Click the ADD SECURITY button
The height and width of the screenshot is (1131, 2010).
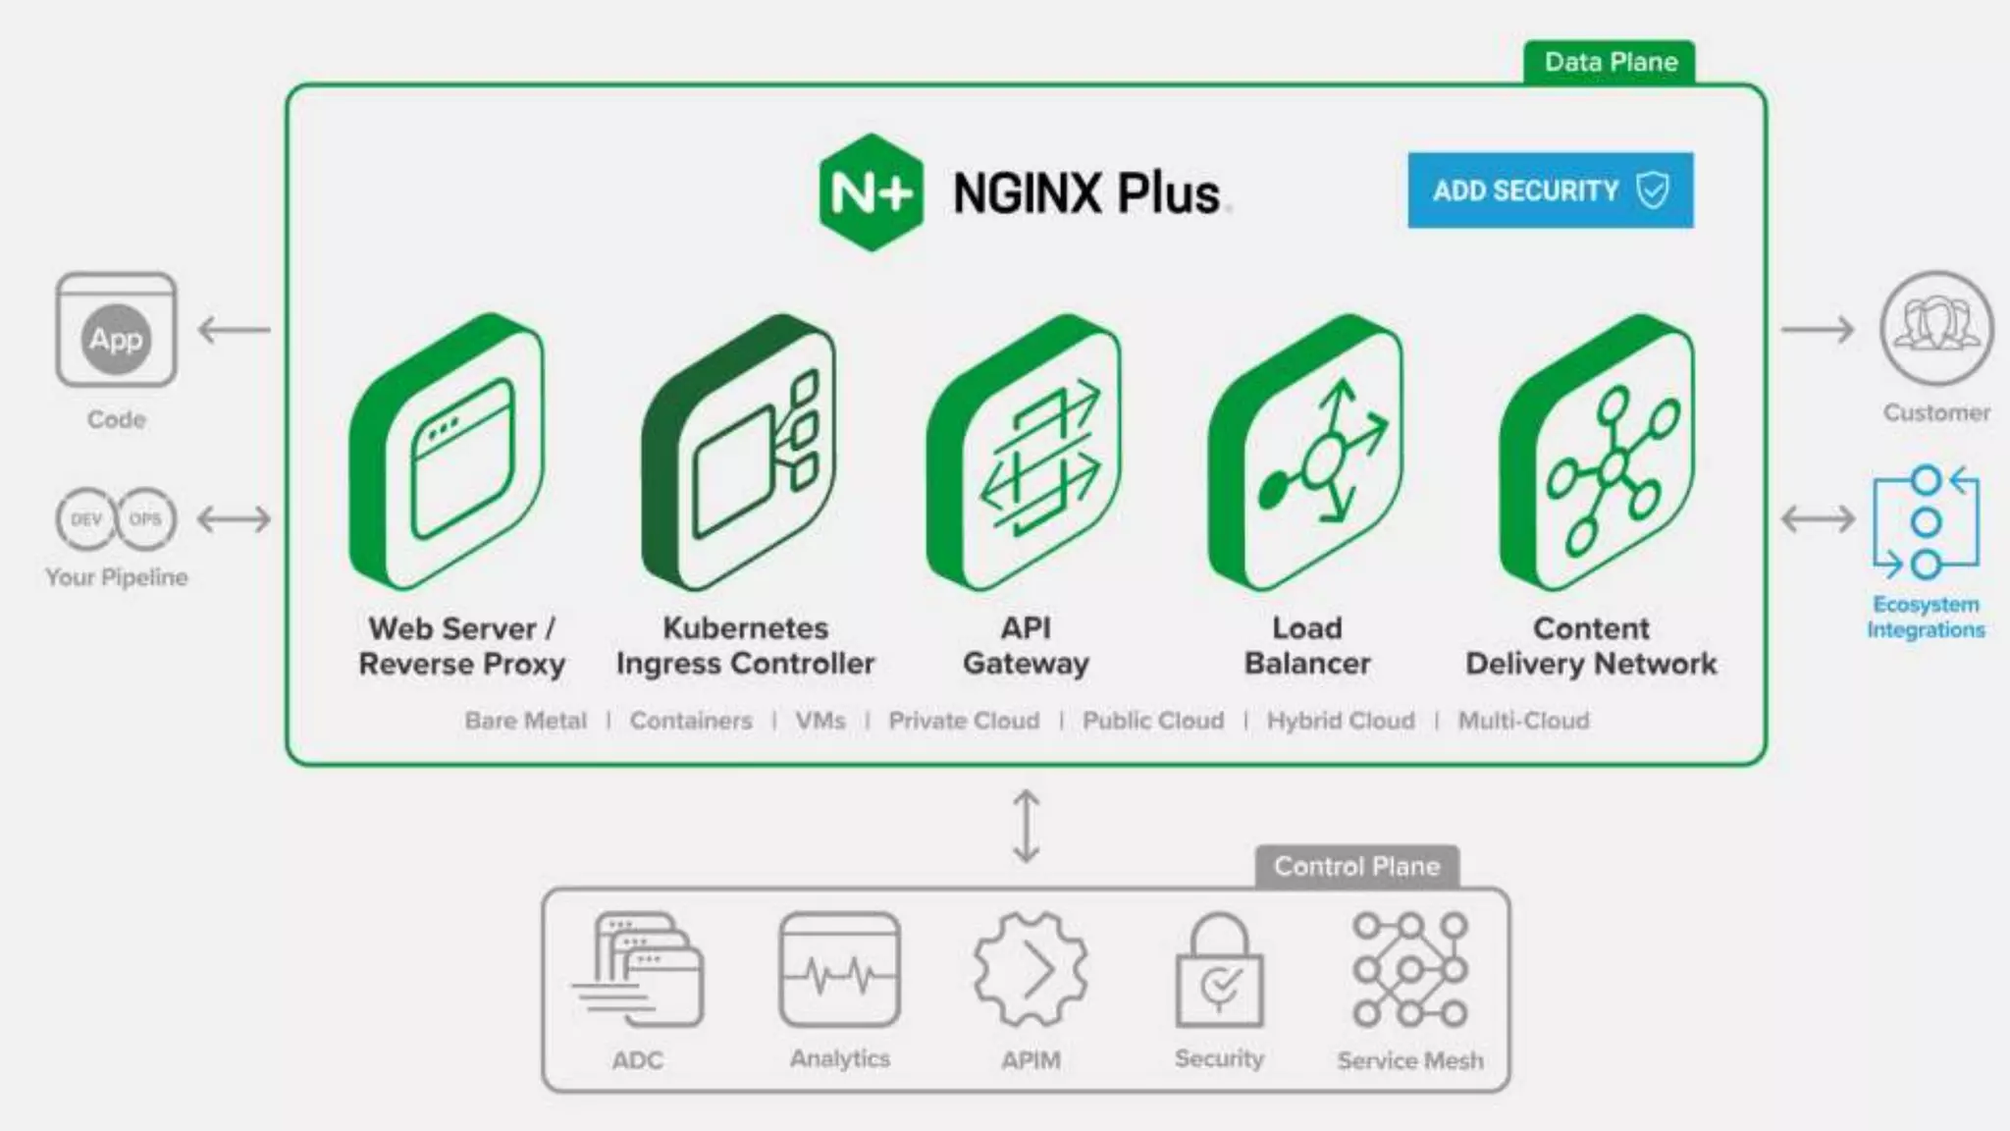1550,190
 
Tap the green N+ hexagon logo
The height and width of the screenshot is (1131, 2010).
871,192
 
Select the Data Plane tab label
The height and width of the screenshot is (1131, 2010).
1610,62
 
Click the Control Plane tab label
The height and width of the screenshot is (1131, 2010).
1356,867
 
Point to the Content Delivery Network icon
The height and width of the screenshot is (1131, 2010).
1598,454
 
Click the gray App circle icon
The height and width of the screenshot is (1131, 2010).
116,340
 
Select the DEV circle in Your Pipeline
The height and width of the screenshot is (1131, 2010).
85,518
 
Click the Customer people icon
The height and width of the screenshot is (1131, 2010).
1935,329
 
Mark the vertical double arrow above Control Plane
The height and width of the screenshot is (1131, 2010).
1026,826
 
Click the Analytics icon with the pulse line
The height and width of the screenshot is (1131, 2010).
839,970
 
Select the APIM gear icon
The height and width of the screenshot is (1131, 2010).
1030,970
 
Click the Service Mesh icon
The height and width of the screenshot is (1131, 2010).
1409,970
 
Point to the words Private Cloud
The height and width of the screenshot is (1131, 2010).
964,721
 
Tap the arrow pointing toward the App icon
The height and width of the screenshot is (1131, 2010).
234,330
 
